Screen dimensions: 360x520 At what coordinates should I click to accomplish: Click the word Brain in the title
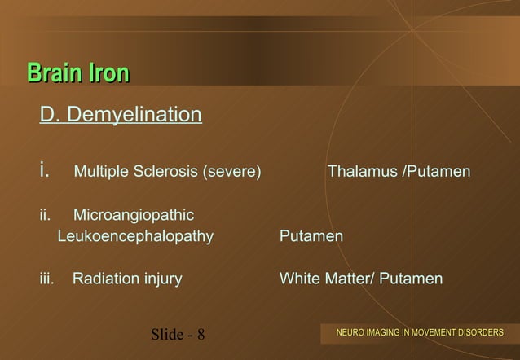click(x=55, y=73)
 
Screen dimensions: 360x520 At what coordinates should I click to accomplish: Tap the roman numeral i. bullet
click(x=45, y=172)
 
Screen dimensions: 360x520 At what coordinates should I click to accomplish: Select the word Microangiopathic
click(x=134, y=216)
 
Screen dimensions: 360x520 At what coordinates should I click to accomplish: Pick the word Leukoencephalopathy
click(x=135, y=237)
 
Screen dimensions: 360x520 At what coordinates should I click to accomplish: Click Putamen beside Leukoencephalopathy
click(x=311, y=237)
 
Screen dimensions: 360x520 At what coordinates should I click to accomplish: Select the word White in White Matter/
click(x=299, y=279)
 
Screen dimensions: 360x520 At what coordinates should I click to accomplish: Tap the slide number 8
click(x=201, y=335)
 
